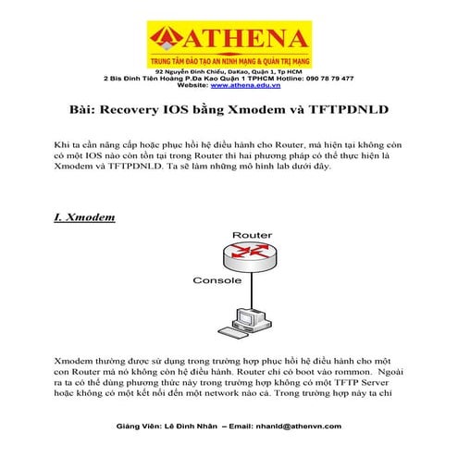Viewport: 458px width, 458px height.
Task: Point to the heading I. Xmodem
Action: click(x=84, y=217)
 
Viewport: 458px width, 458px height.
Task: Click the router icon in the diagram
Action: click(x=252, y=258)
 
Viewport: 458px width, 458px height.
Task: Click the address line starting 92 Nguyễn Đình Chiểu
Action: click(x=229, y=71)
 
